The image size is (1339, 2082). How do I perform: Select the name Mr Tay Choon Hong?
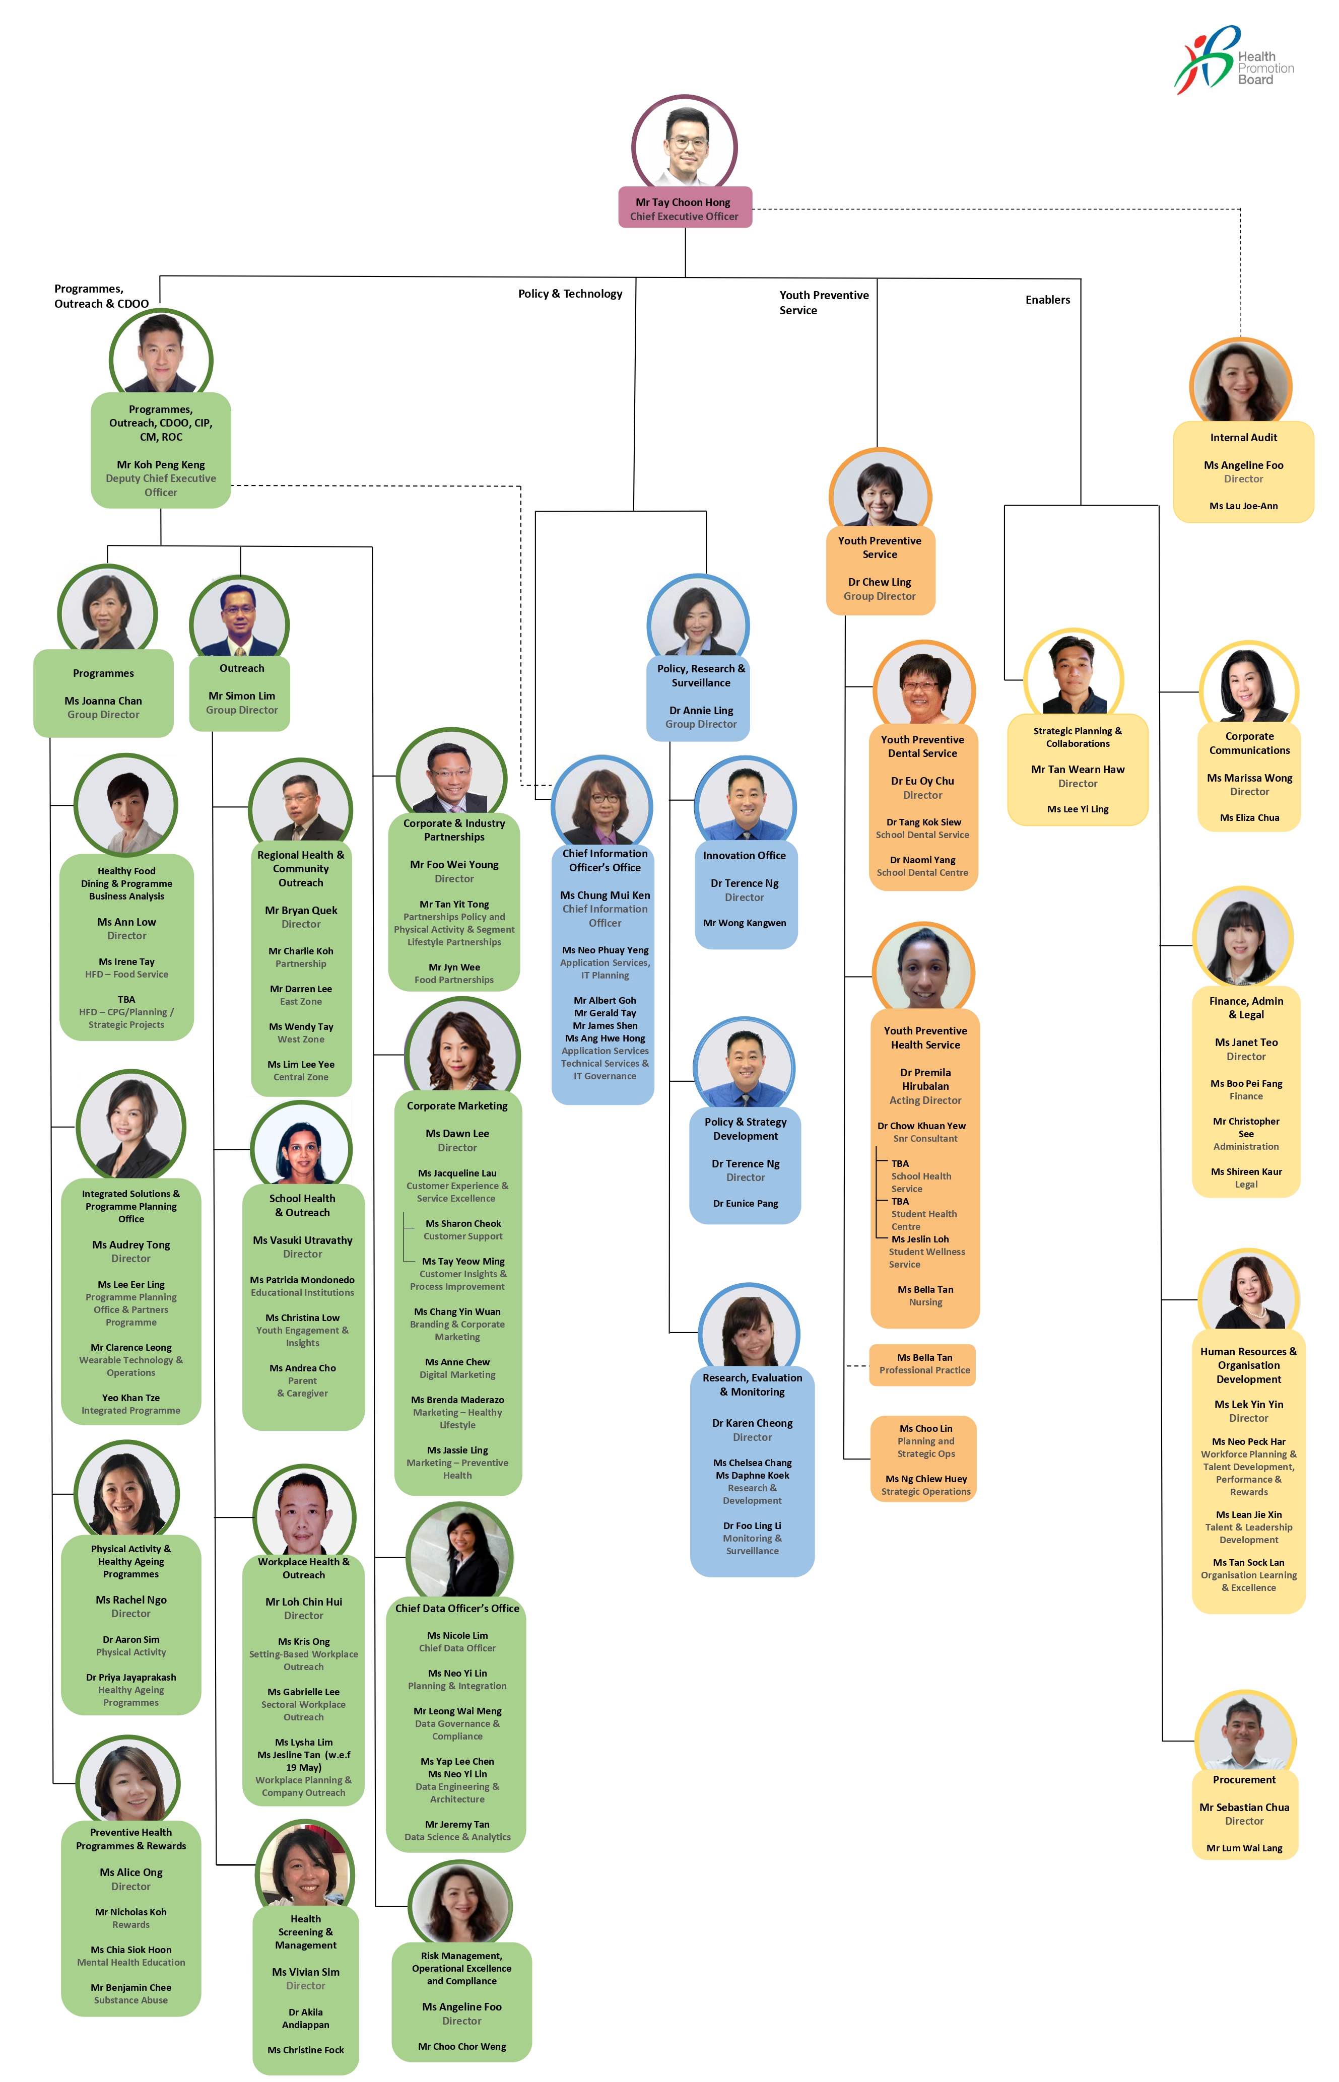point(684,201)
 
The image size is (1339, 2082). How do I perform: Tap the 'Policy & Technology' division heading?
point(570,294)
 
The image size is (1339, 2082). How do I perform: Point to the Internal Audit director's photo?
point(1241,382)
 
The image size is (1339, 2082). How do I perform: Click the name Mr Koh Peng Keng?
point(161,464)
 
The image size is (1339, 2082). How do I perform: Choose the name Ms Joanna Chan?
point(103,701)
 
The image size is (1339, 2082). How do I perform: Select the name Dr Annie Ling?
point(701,710)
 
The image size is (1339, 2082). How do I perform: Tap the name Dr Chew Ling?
point(880,582)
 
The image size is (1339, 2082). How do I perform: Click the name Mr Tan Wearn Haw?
point(1078,770)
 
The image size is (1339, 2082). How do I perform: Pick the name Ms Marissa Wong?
point(1249,778)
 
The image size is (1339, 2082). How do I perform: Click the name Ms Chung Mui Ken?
point(605,895)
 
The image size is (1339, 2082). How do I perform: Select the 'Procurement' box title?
point(1244,1779)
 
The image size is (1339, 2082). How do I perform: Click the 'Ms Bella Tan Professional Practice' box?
point(923,1364)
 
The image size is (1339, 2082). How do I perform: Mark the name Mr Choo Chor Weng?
point(461,2046)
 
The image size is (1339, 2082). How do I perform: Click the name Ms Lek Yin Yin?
point(1248,1404)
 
